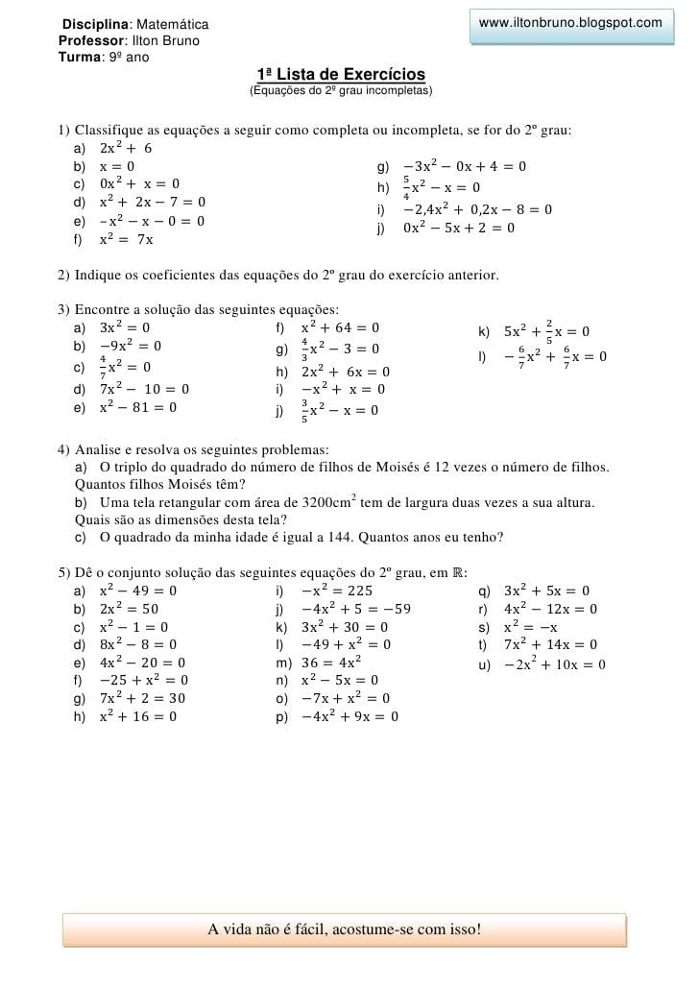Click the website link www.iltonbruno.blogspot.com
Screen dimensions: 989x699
click(x=569, y=22)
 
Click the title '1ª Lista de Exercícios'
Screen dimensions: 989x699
click(x=341, y=75)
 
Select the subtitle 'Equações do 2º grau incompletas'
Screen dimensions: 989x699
click(x=341, y=91)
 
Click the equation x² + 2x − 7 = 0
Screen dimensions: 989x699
click(x=152, y=202)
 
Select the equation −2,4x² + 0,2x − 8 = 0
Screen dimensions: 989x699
click(x=477, y=208)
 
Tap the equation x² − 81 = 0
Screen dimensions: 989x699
click(x=138, y=407)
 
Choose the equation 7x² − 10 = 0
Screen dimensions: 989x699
click(x=144, y=389)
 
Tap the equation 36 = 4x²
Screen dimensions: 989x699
click(x=330, y=662)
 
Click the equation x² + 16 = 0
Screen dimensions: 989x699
click(x=138, y=715)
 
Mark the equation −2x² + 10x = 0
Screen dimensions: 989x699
click(x=554, y=663)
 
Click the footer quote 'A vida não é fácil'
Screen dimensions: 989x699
click(x=344, y=929)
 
